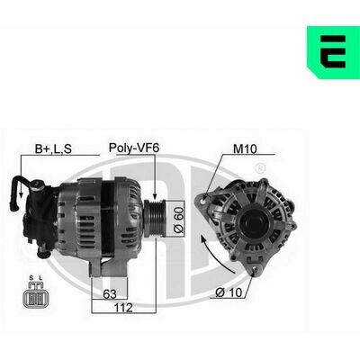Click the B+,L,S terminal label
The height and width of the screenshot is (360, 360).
pyautogui.click(x=53, y=148)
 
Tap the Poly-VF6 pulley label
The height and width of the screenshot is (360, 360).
pyautogui.click(x=134, y=148)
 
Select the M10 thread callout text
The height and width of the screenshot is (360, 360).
pyautogui.click(x=245, y=148)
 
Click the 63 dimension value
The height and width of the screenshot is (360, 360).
pyautogui.click(x=110, y=294)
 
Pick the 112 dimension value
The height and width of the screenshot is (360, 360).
pyautogui.click(x=123, y=308)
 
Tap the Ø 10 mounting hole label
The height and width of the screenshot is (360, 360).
pyautogui.click(x=229, y=292)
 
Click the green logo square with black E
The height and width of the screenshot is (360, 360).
pyautogui.click(x=333, y=52)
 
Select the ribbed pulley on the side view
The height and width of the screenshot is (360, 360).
pyautogui.click(x=154, y=218)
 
